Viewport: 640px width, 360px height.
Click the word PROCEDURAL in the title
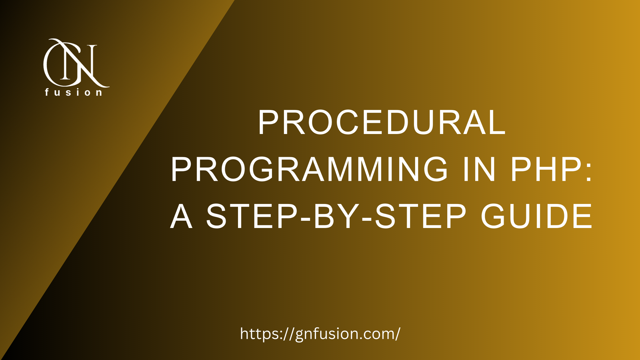point(382,123)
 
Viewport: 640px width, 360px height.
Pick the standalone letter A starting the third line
point(182,216)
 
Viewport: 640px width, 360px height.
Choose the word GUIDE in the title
point(536,216)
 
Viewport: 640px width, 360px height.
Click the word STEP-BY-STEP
point(336,216)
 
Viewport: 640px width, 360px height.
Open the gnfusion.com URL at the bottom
point(320,334)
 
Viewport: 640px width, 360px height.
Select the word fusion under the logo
point(74,92)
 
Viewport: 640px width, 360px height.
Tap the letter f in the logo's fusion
point(47,92)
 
